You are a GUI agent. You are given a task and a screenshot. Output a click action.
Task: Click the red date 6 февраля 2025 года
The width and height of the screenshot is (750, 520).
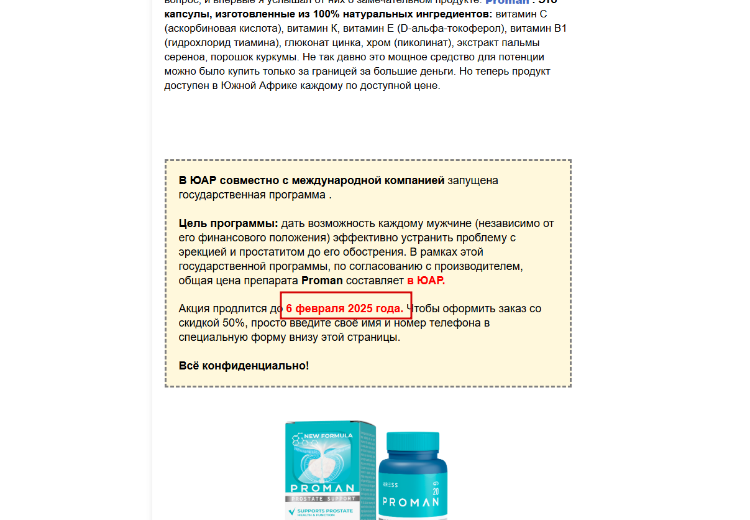click(x=345, y=309)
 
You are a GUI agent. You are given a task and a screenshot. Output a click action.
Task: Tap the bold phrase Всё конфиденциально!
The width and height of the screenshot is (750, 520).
click(x=244, y=366)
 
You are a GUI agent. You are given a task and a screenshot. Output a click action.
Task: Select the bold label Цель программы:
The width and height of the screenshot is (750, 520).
click(x=228, y=223)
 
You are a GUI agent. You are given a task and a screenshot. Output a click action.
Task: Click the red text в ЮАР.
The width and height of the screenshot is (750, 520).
click(x=426, y=281)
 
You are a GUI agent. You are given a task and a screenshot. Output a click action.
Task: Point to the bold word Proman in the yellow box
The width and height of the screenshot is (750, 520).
click(x=322, y=281)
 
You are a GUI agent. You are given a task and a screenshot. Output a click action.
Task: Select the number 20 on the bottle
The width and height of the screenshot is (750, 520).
click(x=436, y=491)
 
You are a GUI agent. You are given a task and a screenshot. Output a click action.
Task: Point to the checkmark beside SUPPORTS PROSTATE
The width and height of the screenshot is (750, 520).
click(x=291, y=512)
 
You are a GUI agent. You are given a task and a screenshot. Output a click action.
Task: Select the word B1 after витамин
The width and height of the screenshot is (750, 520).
click(x=560, y=29)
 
